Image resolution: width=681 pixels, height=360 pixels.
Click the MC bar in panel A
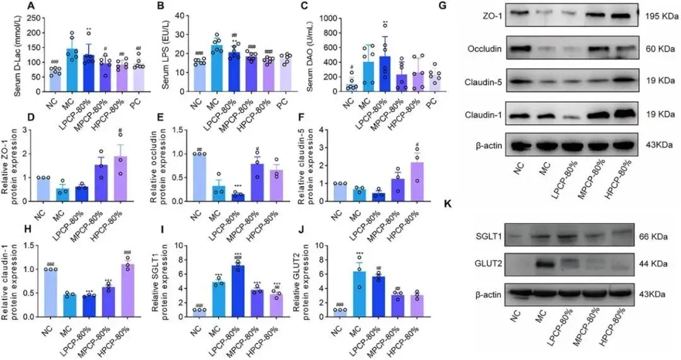click(71, 70)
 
